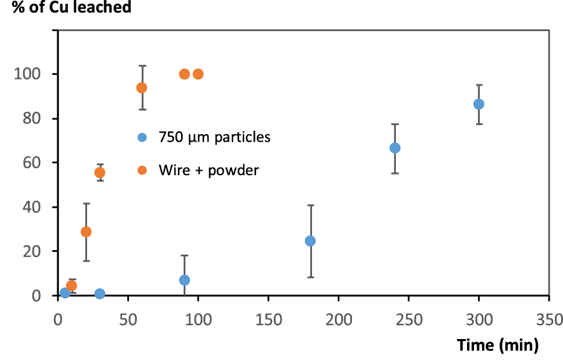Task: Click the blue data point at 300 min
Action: pos(478,104)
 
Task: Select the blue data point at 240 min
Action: pos(395,148)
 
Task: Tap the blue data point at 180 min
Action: pos(310,241)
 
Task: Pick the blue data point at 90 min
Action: pos(184,280)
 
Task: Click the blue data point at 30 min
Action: pos(100,294)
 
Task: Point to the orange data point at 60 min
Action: pos(142,88)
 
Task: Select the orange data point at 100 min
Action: pos(198,74)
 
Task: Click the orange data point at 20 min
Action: pos(86,232)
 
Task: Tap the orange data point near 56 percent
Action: pos(100,173)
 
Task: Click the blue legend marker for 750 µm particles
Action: pos(142,137)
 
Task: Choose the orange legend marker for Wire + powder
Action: pos(142,170)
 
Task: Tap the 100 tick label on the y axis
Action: pos(29,74)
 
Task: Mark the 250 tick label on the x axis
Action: pos(409,317)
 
